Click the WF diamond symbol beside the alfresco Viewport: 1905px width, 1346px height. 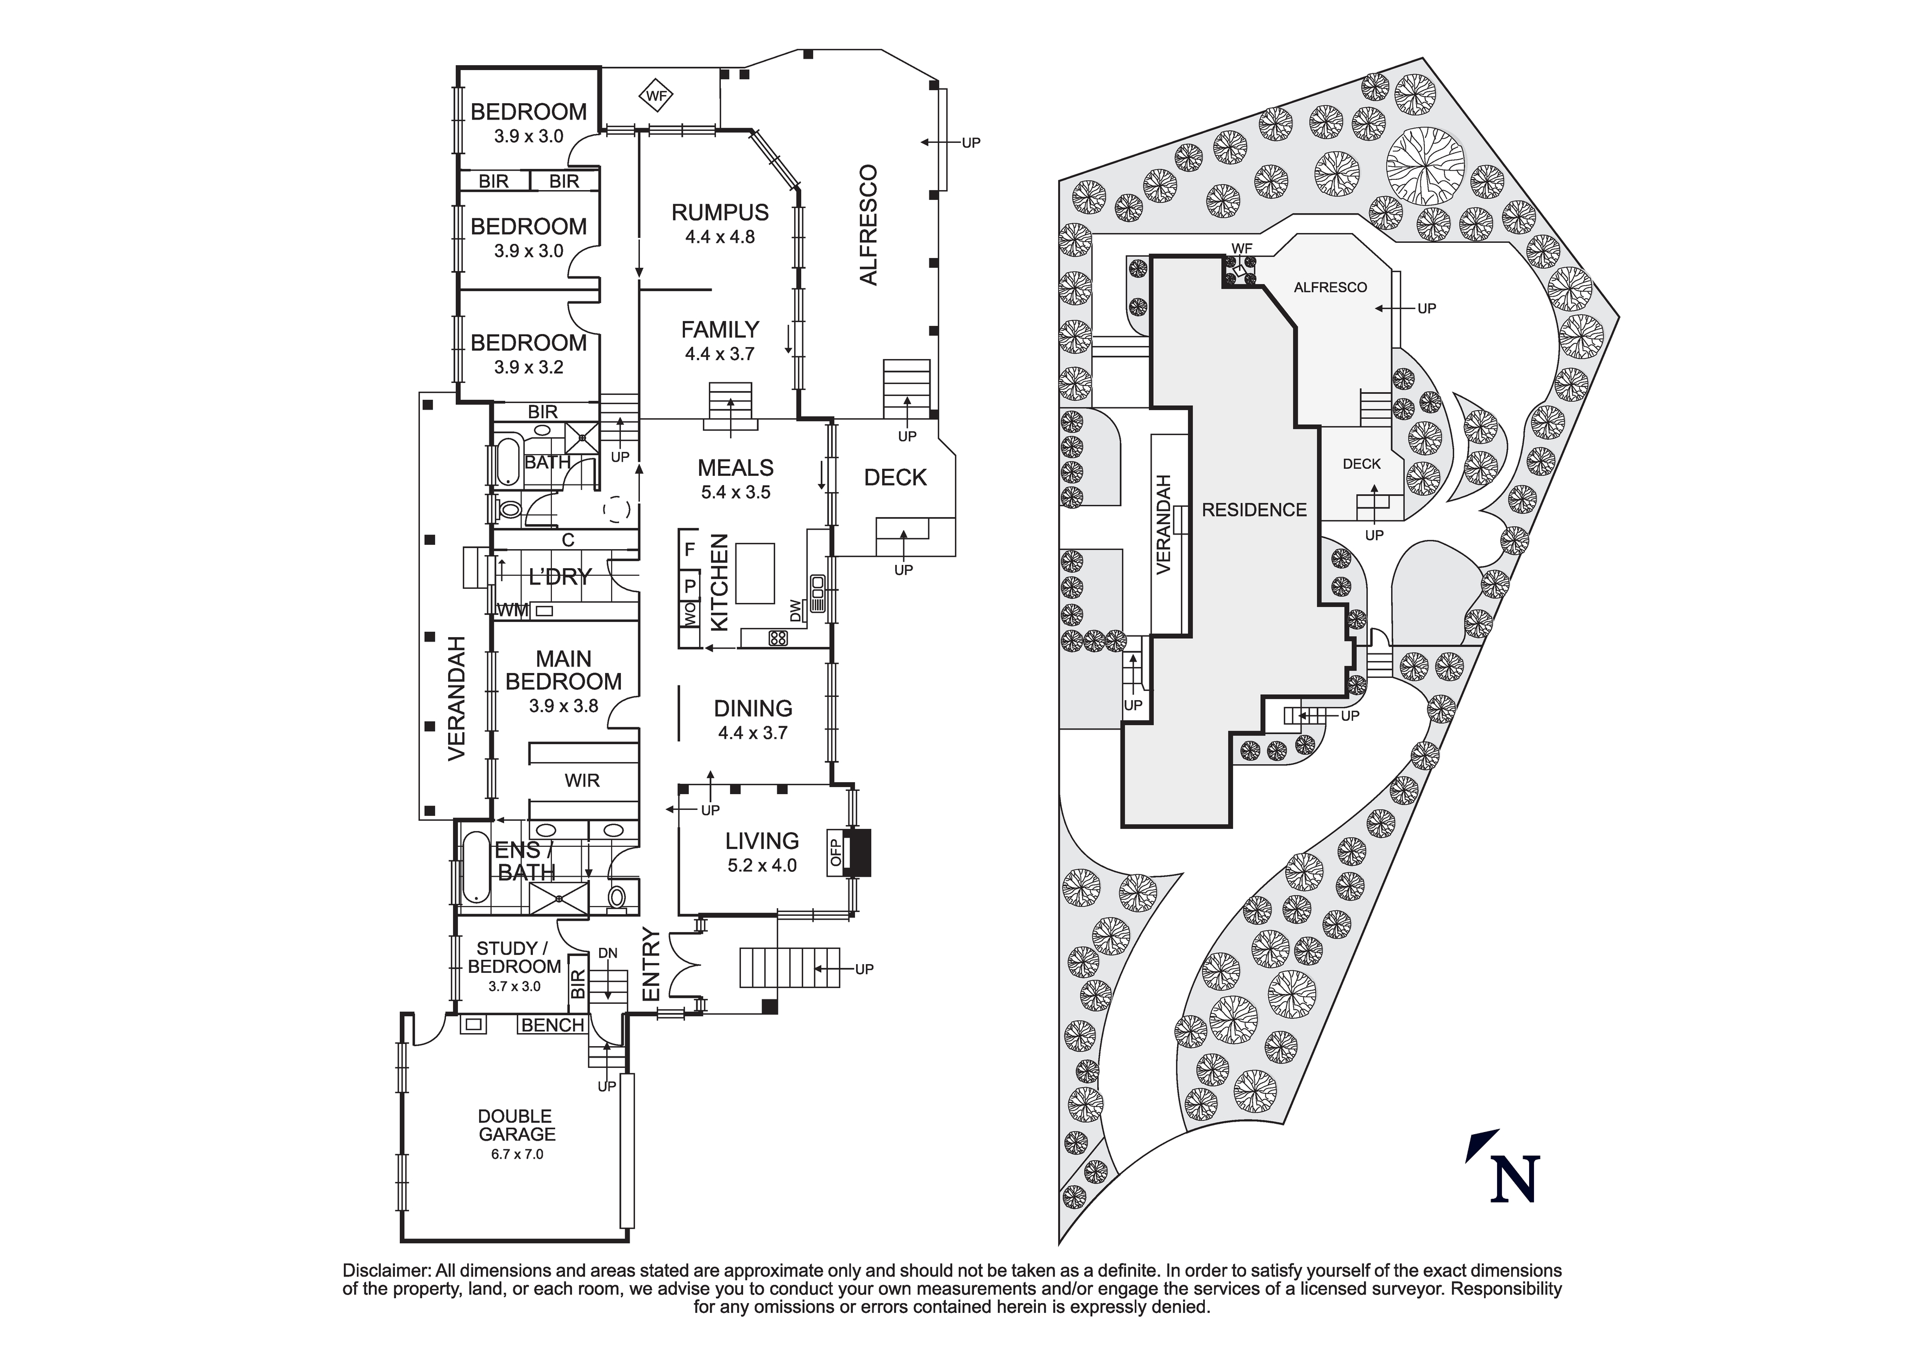click(656, 96)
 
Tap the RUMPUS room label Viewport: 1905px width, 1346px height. click(719, 212)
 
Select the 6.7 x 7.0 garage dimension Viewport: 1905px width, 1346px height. click(516, 1154)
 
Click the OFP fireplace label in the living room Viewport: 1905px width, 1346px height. click(835, 852)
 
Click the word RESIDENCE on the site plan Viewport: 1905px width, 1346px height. click(1254, 510)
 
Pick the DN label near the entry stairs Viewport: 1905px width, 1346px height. click(607, 953)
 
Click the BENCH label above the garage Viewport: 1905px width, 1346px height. click(552, 1025)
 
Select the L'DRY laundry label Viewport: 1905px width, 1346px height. click(560, 577)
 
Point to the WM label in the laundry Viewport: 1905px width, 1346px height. click(512, 611)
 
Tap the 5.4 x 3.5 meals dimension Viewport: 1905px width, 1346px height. click(735, 492)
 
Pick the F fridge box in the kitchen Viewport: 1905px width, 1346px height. click(689, 549)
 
